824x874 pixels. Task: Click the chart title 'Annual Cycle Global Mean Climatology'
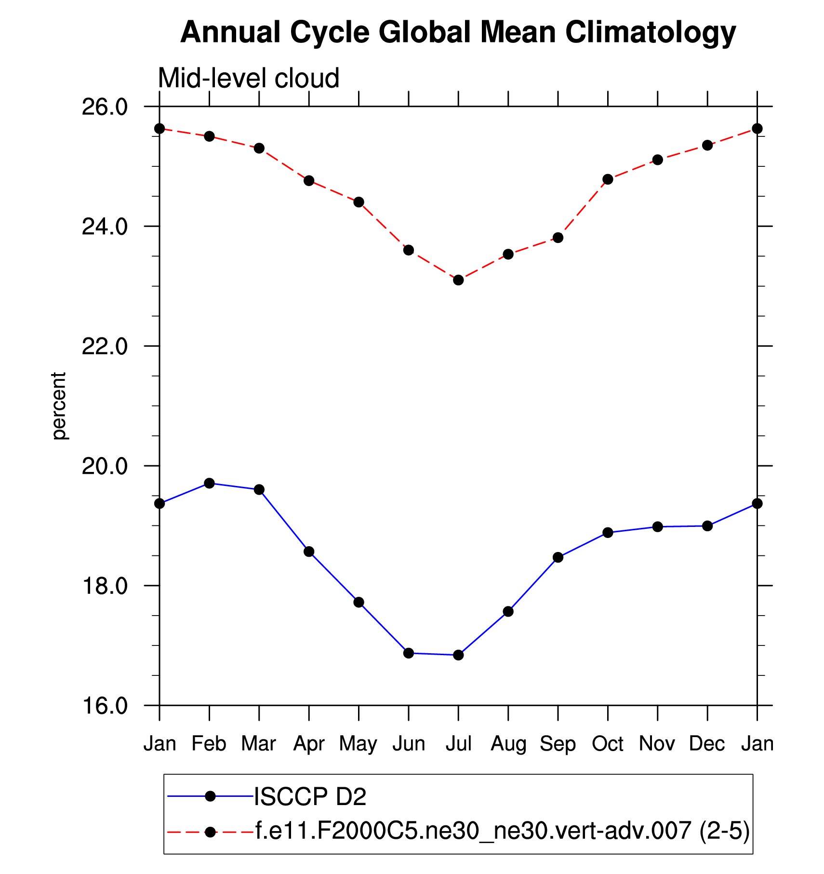click(458, 33)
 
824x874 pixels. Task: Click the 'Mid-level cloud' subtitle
click(249, 78)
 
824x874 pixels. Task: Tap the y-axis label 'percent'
click(59, 405)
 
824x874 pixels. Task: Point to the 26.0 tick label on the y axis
click(104, 107)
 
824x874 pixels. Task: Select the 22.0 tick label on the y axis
click(104, 346)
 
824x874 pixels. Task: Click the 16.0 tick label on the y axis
click(104, 706)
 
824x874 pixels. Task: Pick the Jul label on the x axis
click(458, 743)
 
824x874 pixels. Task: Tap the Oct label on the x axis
click(608, 743)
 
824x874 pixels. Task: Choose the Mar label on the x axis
click(259, 743)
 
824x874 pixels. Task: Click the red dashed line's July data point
click(458, 280)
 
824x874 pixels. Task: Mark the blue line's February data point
click(209, 483)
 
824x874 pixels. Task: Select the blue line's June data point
click(409, 653)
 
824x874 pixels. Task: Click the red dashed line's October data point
click(608, 179)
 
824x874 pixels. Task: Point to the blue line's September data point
click(558, 557)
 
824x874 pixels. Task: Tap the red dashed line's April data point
click(309, 181)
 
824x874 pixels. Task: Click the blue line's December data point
click(707, 526)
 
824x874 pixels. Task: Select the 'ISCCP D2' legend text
click(310, 796)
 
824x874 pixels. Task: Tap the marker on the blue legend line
click(210, 796)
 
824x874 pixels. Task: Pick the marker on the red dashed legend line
click(210, 832)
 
